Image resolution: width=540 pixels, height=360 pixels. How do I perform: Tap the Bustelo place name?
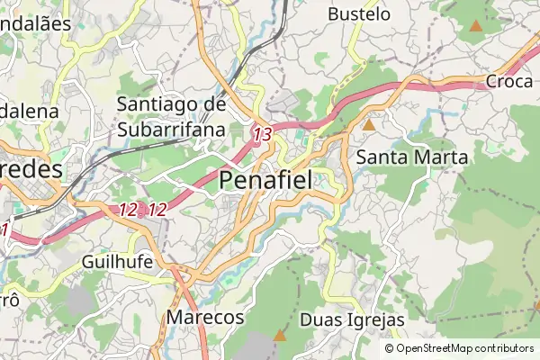359,14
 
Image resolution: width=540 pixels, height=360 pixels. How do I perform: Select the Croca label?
510,81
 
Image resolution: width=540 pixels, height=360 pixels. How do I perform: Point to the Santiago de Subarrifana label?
171,117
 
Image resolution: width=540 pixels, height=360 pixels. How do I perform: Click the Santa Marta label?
412,157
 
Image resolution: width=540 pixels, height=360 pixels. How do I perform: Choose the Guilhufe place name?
117,261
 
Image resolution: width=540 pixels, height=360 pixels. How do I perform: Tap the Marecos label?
205,318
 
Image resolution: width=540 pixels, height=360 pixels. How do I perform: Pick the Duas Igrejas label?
352,320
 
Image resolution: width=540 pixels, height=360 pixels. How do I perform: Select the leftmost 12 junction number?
128,210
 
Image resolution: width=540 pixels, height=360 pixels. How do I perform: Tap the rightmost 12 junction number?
157,210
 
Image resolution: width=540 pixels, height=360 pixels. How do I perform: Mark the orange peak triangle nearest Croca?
475,26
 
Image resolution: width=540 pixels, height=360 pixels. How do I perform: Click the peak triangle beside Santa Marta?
368,124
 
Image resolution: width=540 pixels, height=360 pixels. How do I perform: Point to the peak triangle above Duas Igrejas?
382,269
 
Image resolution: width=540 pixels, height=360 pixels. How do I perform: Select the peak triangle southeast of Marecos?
280,336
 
